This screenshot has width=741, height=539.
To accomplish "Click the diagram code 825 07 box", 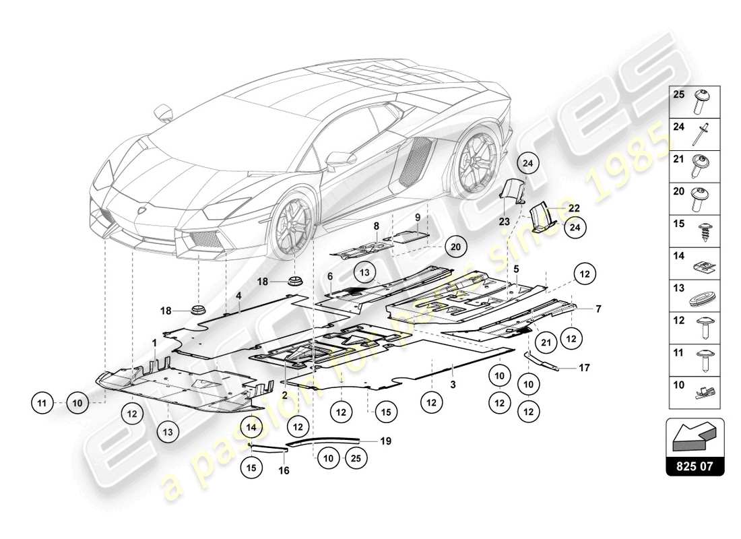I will click(x=695, y=466).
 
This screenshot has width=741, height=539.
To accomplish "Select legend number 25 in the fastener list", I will click(x=678, y=96).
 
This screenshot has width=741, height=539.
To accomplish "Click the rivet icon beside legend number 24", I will click(x=705, y=133).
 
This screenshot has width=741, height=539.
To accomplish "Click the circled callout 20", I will click(x=455, y=247).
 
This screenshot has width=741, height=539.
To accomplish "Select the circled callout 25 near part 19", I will click(x=355, y=458).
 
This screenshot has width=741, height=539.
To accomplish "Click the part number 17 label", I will click(x=583, y=368).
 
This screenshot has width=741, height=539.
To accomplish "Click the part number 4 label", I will click(x=238, y=294).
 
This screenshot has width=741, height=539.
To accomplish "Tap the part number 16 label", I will click(x=284, y=470).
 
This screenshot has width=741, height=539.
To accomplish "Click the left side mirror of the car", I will click(x=164, y=112).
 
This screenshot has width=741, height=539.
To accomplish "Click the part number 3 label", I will click(x=453, y=385).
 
